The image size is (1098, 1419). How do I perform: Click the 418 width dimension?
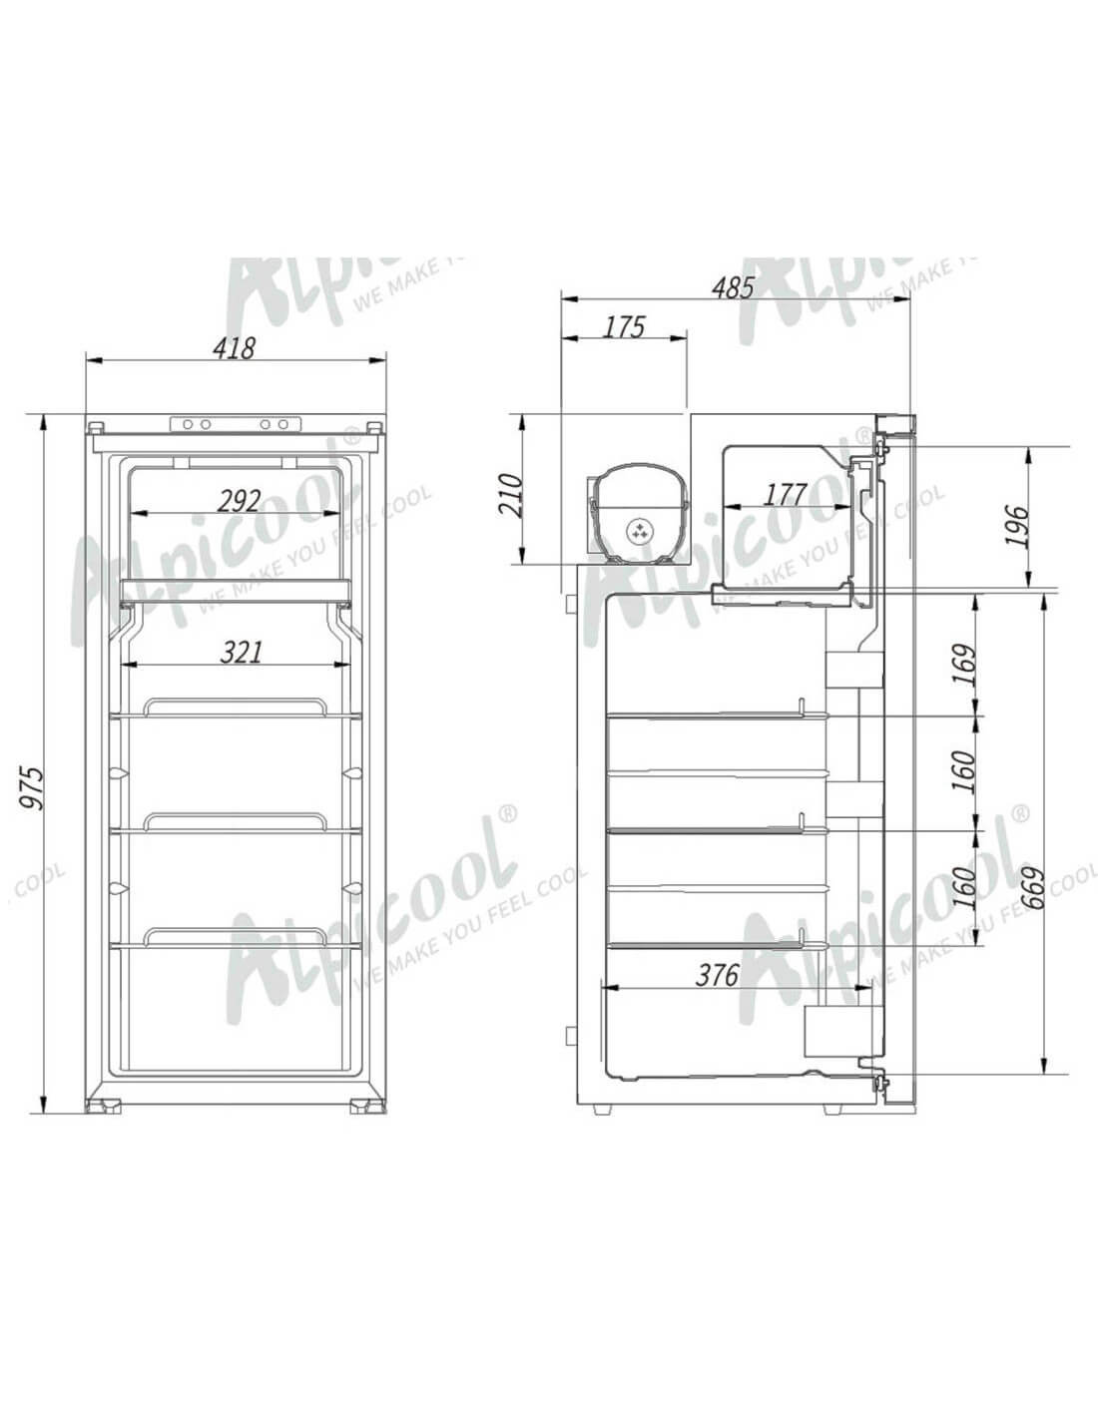236,347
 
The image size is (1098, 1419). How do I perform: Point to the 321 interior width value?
241,652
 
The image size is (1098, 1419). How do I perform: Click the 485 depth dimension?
734,287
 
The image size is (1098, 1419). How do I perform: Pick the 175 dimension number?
625,326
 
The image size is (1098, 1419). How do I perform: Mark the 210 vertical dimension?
510,494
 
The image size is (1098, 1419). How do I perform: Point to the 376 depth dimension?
717,975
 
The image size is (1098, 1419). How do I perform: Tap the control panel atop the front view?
236,424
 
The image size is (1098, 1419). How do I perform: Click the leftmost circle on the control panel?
188,424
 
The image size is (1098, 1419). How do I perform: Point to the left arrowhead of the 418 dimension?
90,361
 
